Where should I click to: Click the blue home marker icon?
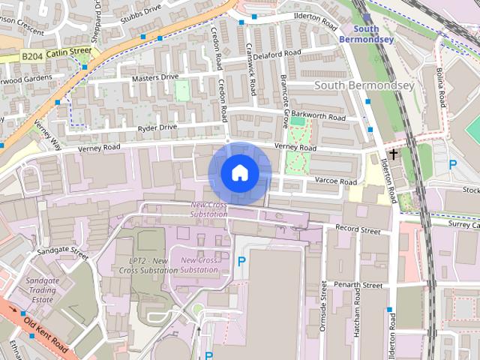point(239,172)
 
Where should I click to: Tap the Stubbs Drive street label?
point(142,9)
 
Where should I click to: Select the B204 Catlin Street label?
point(56,53)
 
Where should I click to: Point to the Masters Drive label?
point(155,77)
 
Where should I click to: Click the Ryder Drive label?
point(157,127)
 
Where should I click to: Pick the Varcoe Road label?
point(335,181)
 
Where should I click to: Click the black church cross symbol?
point(393,152)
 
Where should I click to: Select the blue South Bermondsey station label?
point(366,34)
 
